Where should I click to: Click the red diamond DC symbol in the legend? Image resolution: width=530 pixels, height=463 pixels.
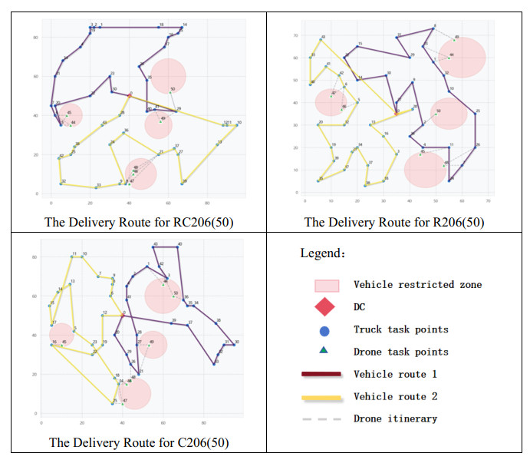click(x=326, y=307)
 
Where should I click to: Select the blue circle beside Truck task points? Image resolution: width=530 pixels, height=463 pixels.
click(x=326, y=329)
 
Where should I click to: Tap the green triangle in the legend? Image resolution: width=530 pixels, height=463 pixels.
click(x=326, y=352)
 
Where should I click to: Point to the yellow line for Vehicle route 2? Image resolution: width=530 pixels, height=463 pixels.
click(x=326, y=397)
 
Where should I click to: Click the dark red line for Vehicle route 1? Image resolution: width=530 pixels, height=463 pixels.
click(x=326, y=374)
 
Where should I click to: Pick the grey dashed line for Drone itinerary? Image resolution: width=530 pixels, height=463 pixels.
click(x=326, y=419)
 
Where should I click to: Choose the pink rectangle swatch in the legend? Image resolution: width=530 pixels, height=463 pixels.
click(x=326, y=285)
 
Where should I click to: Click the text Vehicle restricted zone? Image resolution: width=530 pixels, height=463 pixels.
click(x=417, y=285)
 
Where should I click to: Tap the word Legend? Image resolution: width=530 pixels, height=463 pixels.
click(x=321, y=252)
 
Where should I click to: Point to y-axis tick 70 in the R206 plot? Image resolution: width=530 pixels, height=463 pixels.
click(x=295, y=36)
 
